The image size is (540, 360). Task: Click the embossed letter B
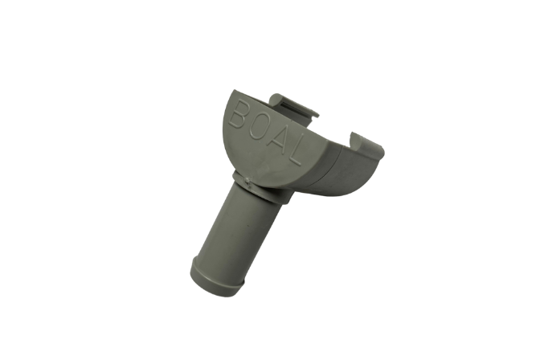pos(239,114)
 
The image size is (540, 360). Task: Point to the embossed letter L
pos(295,150)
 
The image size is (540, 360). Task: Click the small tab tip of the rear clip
pos(315,113)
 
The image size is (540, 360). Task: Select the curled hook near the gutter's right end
pos(355,137)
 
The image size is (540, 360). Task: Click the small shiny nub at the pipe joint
pos(247,179)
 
